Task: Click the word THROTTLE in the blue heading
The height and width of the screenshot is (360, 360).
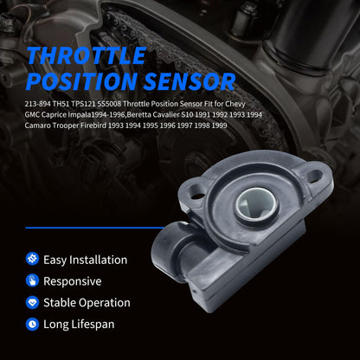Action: pyautogui.click(x=87, y=56)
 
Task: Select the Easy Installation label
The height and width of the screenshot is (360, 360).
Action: pyautogui.click(x=87, y=260)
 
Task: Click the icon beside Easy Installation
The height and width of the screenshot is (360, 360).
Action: pyautogui.click(x=33, y=260)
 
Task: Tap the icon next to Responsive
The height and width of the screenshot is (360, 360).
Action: pyautogui.click(x=33, y=281)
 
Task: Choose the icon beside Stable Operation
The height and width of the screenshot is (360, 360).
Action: pyautogui.click(x=33, y=303)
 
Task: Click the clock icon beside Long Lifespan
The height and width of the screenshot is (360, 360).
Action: pyautogui.click(x=33, y=324)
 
